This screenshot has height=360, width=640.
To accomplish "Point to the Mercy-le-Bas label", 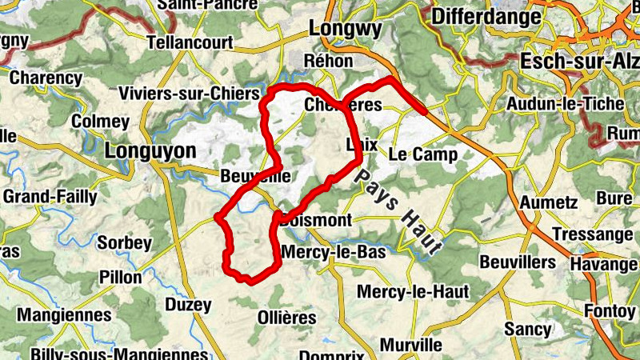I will [334, 252].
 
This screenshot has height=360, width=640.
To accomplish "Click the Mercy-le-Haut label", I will [413, 291].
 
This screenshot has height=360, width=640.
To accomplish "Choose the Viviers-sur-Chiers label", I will [190, 93].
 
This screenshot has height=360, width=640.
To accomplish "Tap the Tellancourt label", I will [190, 42].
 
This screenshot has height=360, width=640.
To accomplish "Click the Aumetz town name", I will [548, 202].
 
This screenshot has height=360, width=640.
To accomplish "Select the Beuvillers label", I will [518, 262].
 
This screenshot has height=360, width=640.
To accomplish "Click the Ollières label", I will [287, 317].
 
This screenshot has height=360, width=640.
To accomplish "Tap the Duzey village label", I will [188, 304].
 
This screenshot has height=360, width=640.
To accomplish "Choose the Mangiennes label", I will [64, 314].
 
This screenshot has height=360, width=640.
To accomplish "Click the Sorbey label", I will [124, 242].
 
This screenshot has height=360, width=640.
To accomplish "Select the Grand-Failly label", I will [50, 196].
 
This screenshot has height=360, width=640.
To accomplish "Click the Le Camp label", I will [423, 154].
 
